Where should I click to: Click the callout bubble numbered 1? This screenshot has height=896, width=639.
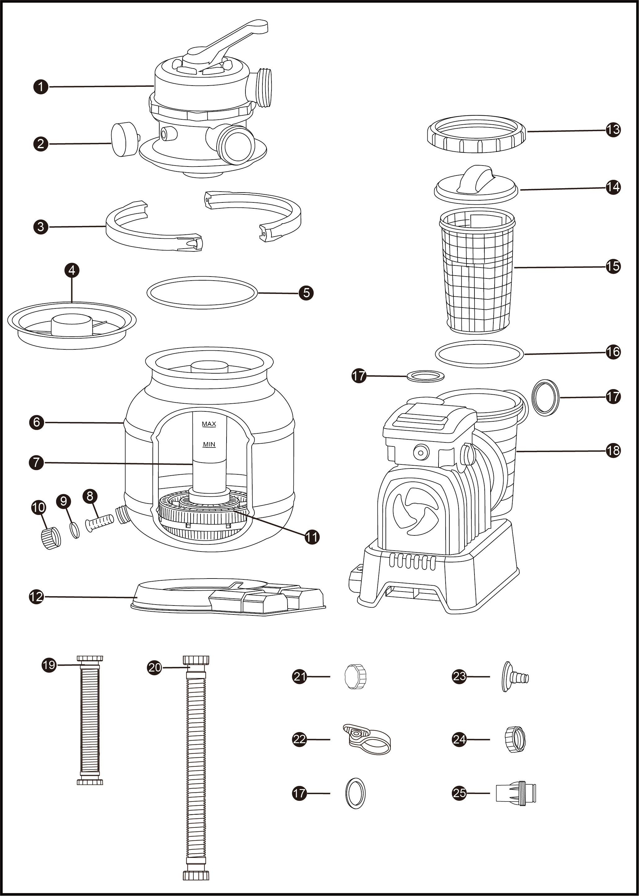tap(41, 86)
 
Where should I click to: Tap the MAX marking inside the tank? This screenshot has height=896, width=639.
tap(209, 424)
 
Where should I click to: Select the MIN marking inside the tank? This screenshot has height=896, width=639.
tap(209, 445)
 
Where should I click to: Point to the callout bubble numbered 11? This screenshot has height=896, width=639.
tap(312, 537)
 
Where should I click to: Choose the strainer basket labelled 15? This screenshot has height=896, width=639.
tap(477, 272)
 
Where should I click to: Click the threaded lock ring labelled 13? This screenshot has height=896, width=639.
tap(476, 134)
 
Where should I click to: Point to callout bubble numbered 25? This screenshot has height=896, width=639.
tap(459, 793)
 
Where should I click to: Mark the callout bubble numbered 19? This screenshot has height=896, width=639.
tap(49, 665)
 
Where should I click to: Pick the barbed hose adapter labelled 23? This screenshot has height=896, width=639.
tap(515, 676)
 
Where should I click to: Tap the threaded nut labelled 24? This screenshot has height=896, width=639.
tap(515, 739)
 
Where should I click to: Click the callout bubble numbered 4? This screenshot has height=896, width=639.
tap(72, 270)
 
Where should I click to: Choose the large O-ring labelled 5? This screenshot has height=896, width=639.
tap(202, 292)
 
